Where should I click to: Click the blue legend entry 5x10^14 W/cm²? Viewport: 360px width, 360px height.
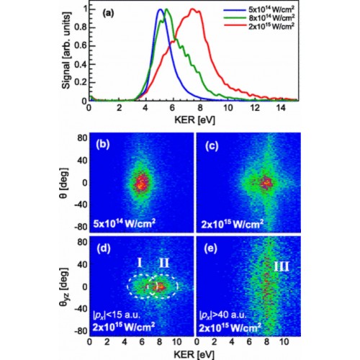[271, 9]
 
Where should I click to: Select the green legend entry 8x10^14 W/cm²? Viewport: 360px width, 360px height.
[271, 18]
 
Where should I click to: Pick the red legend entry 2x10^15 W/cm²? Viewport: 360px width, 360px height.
[271, 26]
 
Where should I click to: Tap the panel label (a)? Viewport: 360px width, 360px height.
[108, 13]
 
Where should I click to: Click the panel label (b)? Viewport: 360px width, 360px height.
[103, 145]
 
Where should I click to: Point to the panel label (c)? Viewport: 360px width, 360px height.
[212, 146]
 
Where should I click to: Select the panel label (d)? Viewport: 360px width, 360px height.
[104, 248]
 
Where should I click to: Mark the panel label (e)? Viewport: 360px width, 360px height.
[210, 248]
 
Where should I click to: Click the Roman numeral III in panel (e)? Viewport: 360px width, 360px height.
[282, 266]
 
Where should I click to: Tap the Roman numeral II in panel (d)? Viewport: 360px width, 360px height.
[164, 263]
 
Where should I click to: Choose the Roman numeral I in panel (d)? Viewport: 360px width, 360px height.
[140, 263]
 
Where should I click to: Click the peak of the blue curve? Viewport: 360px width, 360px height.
[160, 9]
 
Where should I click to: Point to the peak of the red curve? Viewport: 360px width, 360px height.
[192, 9]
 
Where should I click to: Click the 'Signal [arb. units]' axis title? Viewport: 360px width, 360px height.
[66, 50]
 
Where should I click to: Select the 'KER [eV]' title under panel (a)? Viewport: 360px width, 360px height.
[194, 120]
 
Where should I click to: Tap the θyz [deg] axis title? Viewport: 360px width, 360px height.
[64, 287]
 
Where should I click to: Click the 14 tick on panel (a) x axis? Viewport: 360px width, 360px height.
[281, 108]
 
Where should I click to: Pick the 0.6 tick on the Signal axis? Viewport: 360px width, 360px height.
[80, 45]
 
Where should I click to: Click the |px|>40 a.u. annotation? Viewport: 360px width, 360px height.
[223, 315]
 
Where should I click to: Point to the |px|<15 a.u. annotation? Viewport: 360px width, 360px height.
[117, 315]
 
